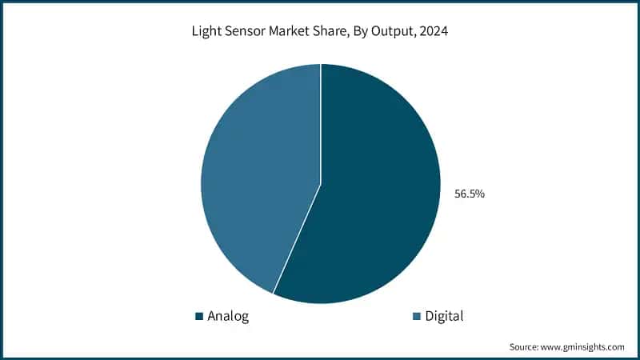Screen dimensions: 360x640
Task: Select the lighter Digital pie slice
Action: pos(256,176)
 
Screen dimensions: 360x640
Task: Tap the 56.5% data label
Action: pos(470,194)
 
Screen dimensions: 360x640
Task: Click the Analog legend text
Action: pos(228,316)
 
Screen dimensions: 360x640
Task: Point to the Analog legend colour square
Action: pos(199,317)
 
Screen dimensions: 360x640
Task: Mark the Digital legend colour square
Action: pos(416,317)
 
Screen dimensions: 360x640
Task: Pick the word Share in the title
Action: pos(327,33)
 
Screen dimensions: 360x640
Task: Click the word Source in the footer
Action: pos(524,347)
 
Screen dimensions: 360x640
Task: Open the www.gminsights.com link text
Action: pos(584,347)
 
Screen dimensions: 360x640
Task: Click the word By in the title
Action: pos(358,33)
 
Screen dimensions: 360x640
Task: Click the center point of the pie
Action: pos(321,184)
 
